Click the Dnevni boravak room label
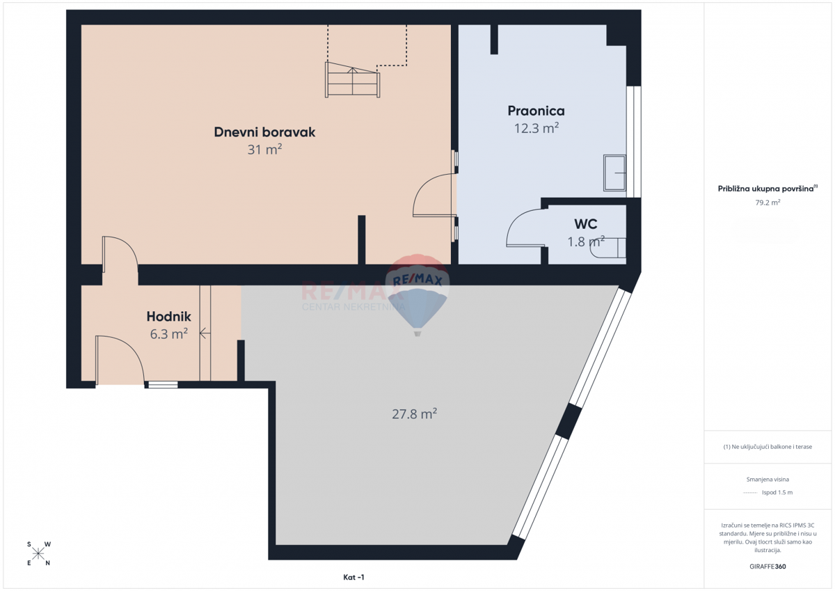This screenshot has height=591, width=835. tap(264, 132)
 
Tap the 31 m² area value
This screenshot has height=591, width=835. tap(264, 150)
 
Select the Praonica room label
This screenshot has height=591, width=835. tap(536, 111)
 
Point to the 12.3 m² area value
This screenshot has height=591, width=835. tap(536, 128)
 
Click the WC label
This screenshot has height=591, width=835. tap(585, 224)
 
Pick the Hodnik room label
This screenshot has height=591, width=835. tap(169, 317)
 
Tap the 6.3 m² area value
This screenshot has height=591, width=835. tap(169, 334)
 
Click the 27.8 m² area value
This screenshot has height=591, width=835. tap(414, 414)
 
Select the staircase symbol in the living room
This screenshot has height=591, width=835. tap(353, 80)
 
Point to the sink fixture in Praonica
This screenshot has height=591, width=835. tap(614, 173)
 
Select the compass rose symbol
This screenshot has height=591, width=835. tap(38, 553)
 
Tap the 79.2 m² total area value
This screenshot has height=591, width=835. tap(768, 203)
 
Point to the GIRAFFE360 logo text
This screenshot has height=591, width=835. tap(768, 567)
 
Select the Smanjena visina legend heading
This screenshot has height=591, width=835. tap(768, 480)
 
